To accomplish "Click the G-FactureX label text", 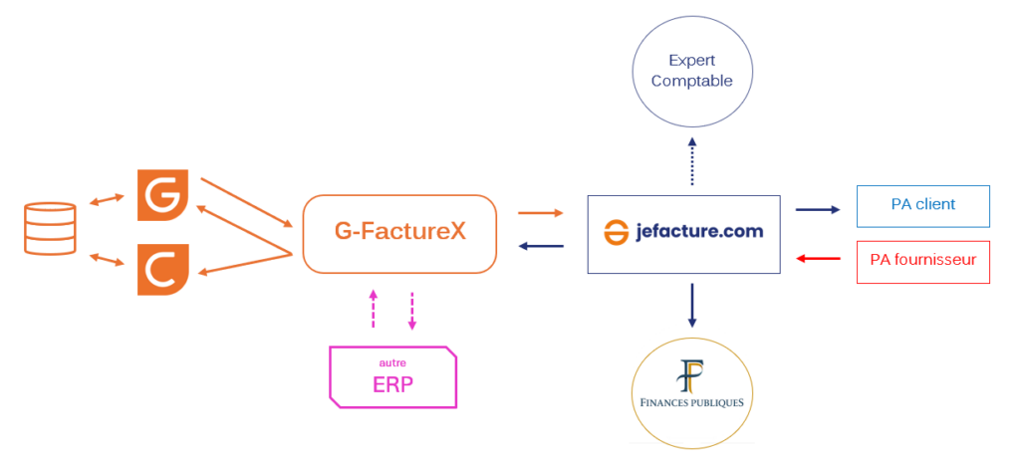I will click(x=399, y=232).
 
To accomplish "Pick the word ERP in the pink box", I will click(x=392, y=384).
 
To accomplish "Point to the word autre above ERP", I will click(x=392, y=362).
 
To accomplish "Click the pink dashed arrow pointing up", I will click(x=374, y=310).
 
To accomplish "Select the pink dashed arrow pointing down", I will click(x=412, y=312).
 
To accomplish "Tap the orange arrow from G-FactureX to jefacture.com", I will click(x=540, y=212).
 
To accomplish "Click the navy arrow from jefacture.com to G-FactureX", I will click(x=540, y=247).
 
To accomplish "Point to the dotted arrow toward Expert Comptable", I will click(x=692, y=161).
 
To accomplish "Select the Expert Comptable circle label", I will click(x=692, y=71).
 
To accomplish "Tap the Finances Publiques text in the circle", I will click(x=692, y=403).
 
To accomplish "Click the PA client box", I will click(x=923, y=205).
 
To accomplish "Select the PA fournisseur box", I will click(x=923, y=261).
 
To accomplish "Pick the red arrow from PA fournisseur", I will click(x=819, y=260).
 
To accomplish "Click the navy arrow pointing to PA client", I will click(x=818, y=209).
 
